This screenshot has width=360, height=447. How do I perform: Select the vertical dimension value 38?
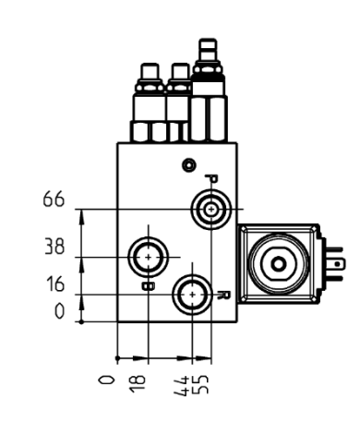pyautogui.click(x=54, y=248)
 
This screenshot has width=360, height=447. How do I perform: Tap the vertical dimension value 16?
pyautogui.click(x=55, y=285)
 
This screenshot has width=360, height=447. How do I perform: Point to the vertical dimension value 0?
pyautogui.click(x=59, y=311)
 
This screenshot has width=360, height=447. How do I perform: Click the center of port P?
pyautogui.click(x=211, y=211)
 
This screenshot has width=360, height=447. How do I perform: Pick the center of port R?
pyautogui.click(x=192, y=295)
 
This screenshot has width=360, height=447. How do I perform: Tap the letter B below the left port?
pyautogui.click(x=148, y=285)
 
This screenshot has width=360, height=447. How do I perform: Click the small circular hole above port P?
pyautogui.click(x=190, y=164)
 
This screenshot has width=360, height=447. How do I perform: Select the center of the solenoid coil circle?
pyautogui.click(x=276, y=265)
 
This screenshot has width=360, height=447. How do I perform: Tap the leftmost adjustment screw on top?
pyautogui.click(x=147, y=72)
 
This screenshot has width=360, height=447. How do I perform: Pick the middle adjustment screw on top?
pyautogui.click(x=178, y=72)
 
